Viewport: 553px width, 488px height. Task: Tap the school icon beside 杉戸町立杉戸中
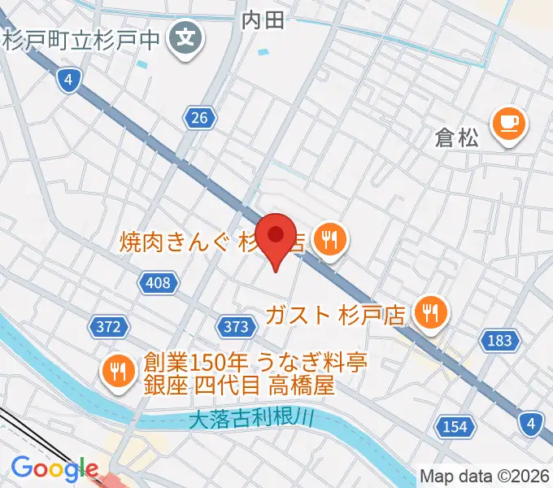(x=186, y=37)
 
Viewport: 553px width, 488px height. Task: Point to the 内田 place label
(x=264, y=20)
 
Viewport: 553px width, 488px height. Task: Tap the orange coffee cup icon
(x=510, y=124)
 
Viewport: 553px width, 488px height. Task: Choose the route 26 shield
(x=200, y=119)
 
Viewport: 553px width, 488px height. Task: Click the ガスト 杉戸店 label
(x=337, y=313)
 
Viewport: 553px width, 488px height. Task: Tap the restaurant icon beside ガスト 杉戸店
(x=429, y=312)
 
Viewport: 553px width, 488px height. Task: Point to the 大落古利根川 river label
(x=250, y=420)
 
